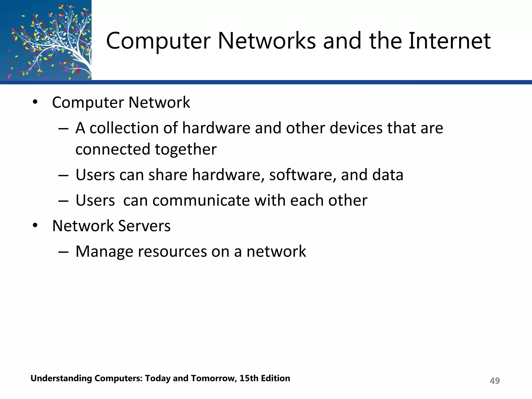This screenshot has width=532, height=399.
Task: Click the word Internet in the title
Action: (449, 41)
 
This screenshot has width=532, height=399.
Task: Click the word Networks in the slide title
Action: (267, 41)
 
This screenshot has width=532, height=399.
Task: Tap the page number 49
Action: (495, 381)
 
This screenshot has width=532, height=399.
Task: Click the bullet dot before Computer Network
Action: (35, 102)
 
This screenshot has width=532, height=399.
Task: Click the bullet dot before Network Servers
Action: (35, 225)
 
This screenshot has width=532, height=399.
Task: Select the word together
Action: (186, 149)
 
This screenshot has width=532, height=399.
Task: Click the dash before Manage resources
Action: (63, 252)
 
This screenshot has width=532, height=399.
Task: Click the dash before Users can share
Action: (63, 175)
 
